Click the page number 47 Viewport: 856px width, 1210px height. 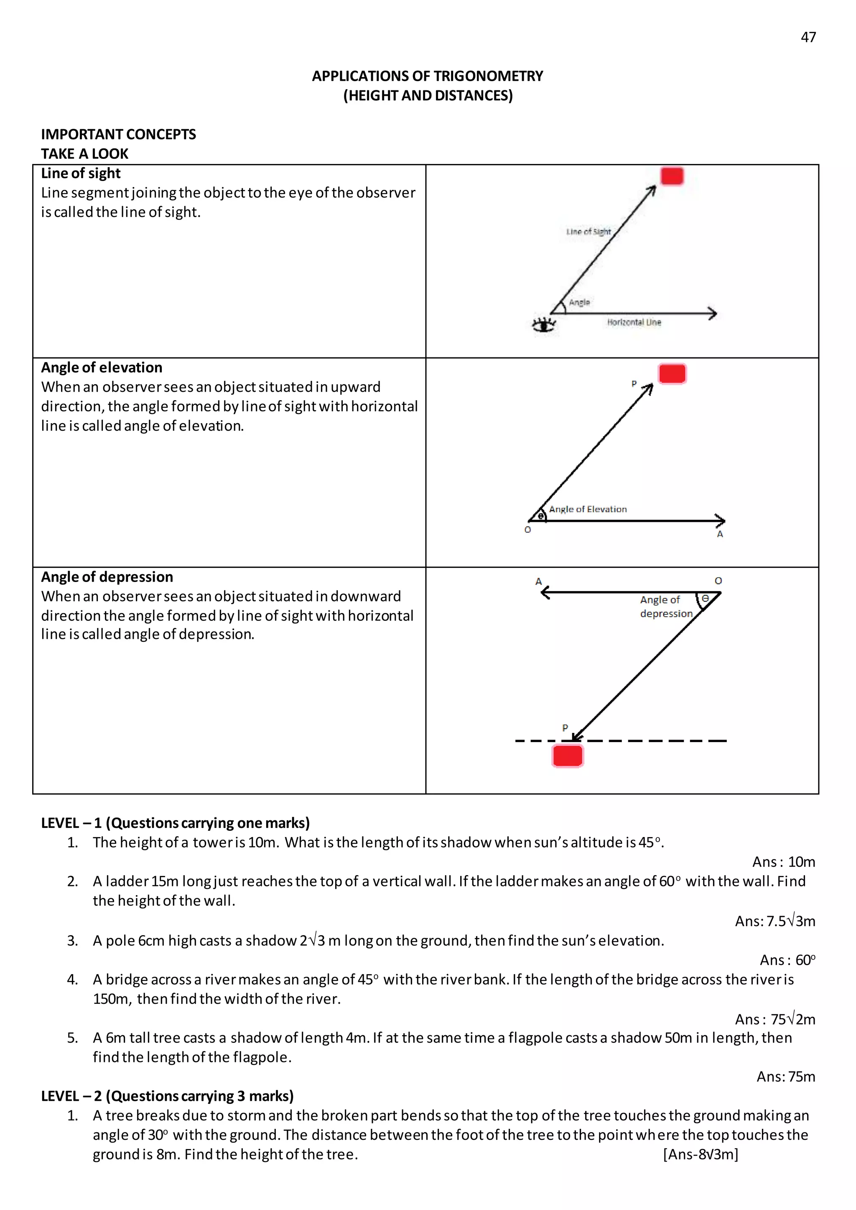(808, 38)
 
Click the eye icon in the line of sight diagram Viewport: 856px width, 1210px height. (544, 325)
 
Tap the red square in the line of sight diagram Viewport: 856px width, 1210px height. (672, 176)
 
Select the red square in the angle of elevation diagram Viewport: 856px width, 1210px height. (672, 374)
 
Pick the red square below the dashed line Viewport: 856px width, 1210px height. (568, 756)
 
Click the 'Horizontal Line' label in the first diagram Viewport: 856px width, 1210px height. (634, 322)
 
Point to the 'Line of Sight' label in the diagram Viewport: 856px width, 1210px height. (588, 232)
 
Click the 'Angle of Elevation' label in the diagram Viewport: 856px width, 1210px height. (588, 509)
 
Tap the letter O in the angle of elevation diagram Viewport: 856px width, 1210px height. (527, 530)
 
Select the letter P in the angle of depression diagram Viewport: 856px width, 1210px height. (565, 728)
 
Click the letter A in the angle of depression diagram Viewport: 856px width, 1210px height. (538, 581)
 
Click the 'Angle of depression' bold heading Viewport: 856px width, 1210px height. (107, 577)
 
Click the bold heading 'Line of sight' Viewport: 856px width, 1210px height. (81, 174)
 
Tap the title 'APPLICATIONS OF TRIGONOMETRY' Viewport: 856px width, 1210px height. (428, 76)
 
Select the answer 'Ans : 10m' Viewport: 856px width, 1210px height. (783, 861)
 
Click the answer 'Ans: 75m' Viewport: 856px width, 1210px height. (785, 1076)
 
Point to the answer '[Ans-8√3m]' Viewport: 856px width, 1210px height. (701, 1154)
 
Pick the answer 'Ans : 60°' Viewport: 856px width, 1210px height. (787, 960)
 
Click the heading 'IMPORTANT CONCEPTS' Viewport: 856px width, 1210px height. (119, 135)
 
